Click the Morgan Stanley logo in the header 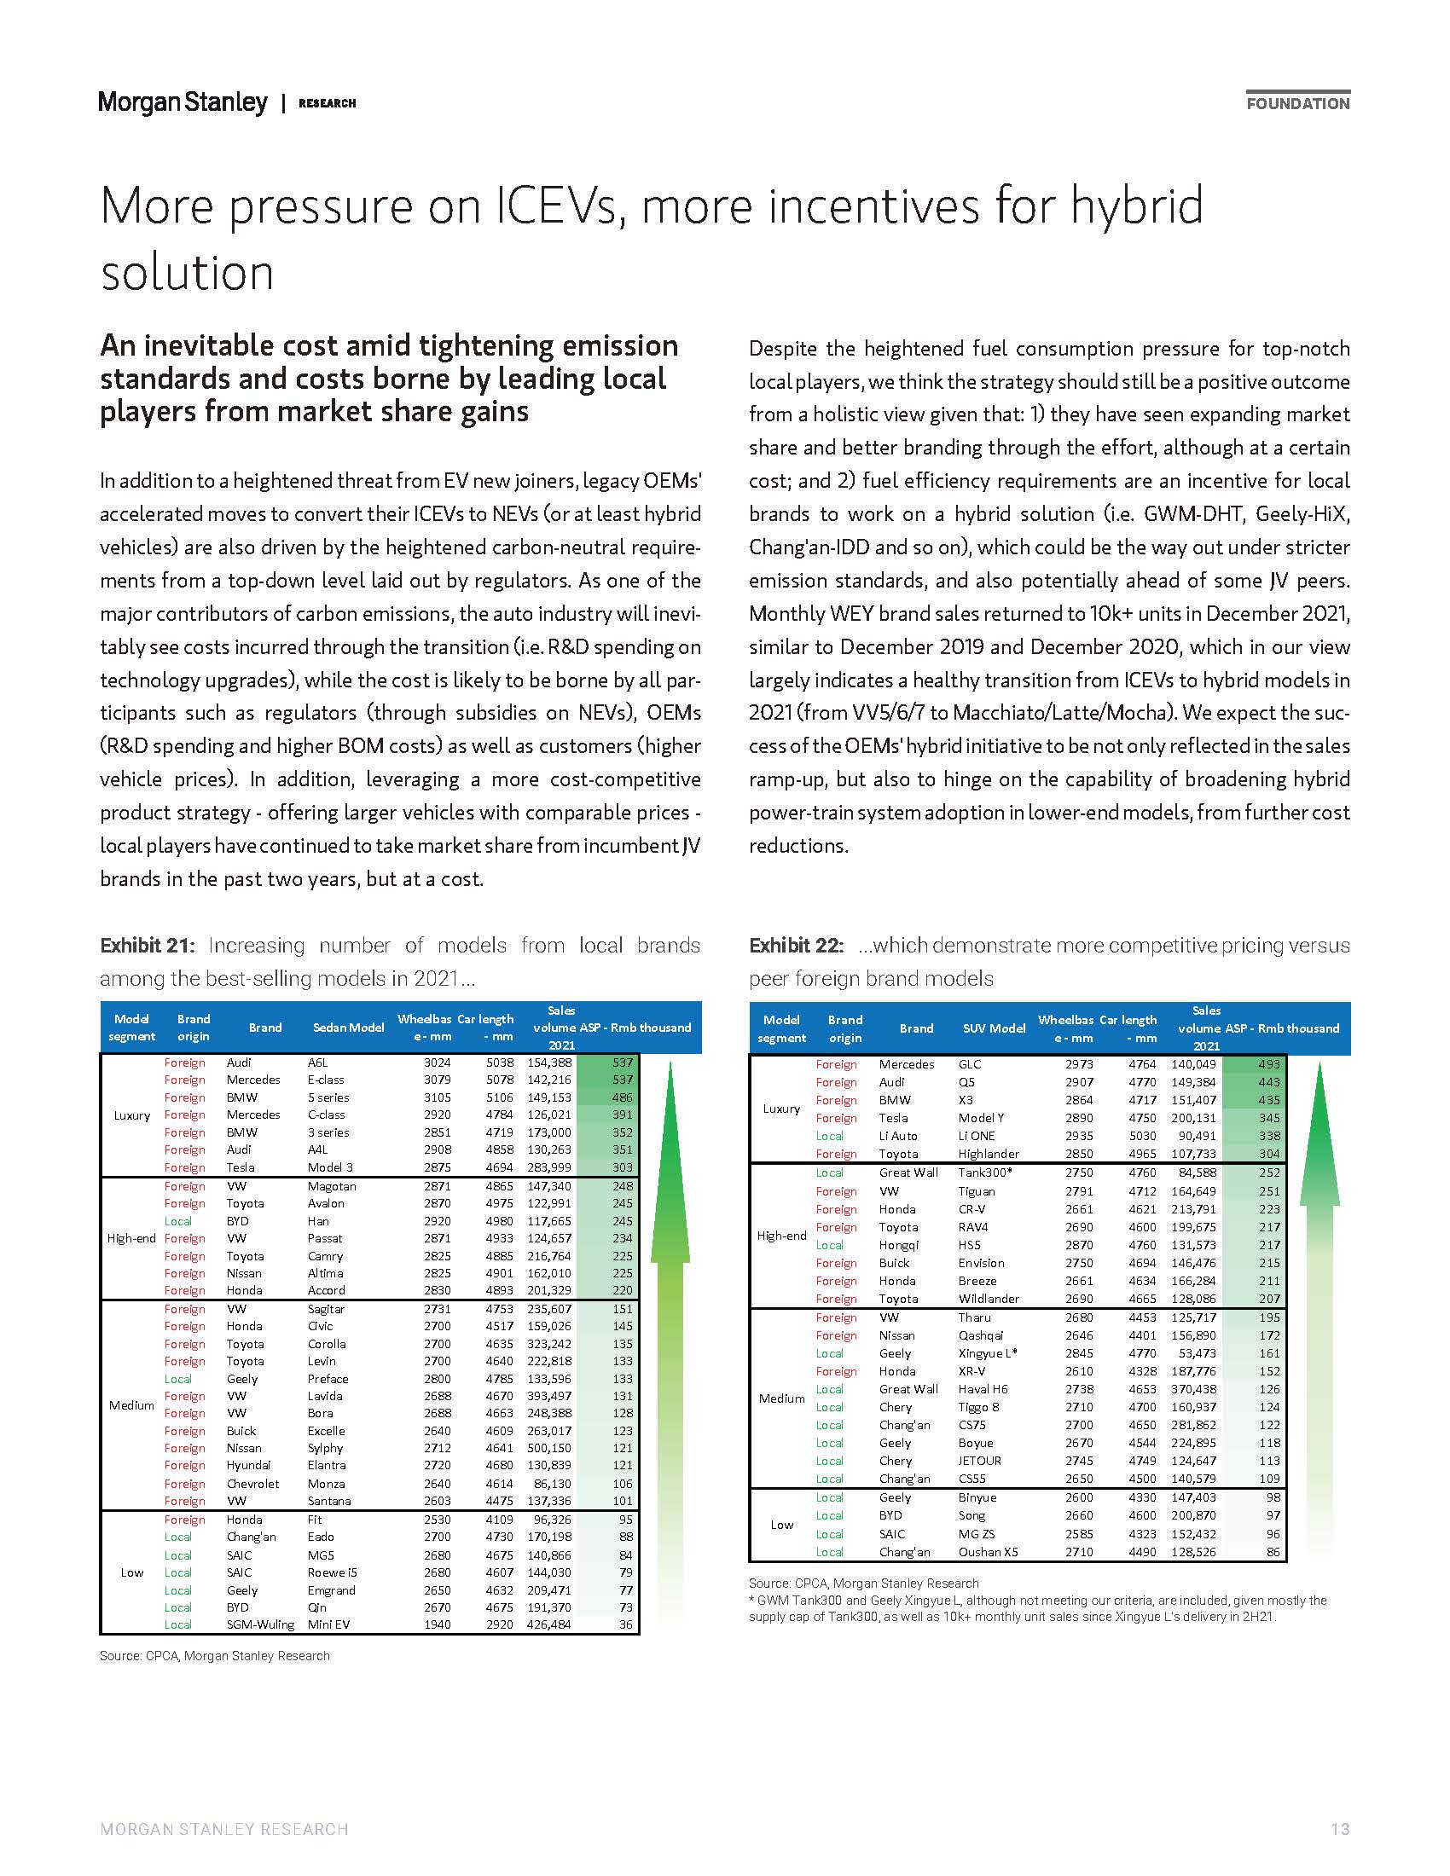coord(183,102)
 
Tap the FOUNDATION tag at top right coord(1298,103)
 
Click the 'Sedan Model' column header coord(348,1028)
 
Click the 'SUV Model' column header coord(994,1028)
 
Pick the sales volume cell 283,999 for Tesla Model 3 coord(549,1167)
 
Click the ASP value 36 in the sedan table coord(625,1624)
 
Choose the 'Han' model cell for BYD coord(316,1220)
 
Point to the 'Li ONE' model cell coord(976,1136)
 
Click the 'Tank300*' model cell coord(985,1172)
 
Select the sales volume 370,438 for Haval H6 coord(1193,1389)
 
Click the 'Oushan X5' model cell coord(988,1552)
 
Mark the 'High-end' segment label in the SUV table coord(781,1236)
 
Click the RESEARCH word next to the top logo coord(327,103)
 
